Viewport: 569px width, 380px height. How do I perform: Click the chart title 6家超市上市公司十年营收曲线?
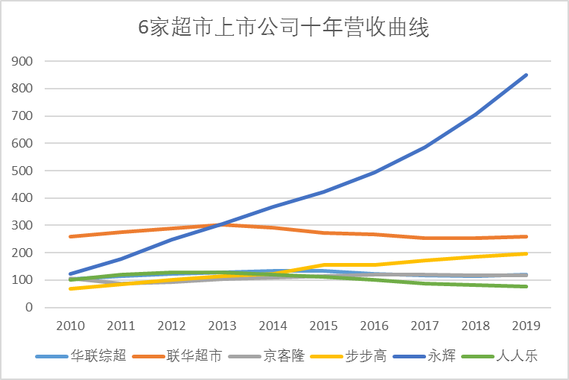coord(284,28)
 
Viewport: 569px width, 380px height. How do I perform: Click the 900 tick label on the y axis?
coord(25,61)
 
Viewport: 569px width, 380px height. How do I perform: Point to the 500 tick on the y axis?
coord(25,171)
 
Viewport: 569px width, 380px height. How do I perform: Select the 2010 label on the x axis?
coord(71,326)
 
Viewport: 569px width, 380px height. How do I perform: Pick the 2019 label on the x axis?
coord(527,326)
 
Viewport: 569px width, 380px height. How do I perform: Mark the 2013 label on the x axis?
coord(223,326)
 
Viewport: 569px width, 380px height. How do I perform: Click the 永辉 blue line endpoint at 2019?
coord(527,75)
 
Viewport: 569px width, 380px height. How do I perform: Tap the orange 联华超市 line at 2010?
coord(71,236)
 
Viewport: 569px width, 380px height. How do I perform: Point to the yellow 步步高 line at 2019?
coord(527,253)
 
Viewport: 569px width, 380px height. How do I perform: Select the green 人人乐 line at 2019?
coord(527,286)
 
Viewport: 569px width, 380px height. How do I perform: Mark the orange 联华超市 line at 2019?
coord(527,236)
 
